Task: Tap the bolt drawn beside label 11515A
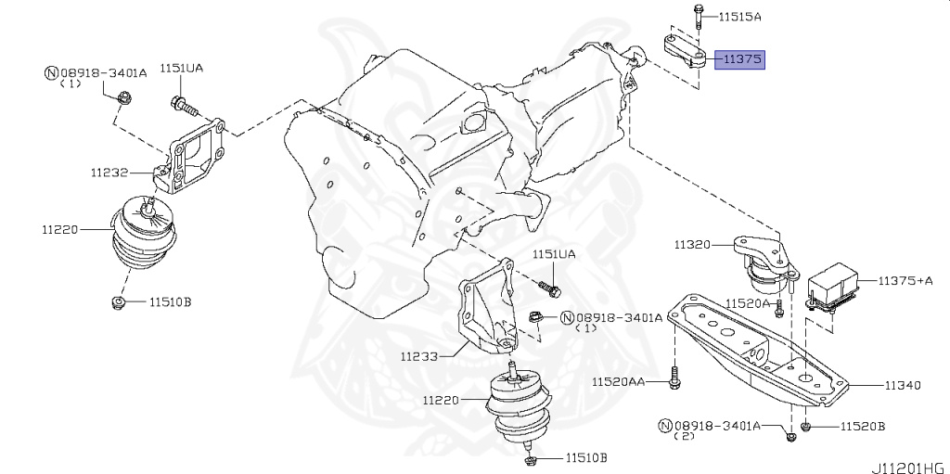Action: [x=696, y=16]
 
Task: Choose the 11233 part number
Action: [x=420, y=355]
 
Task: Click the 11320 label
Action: [x=692, y=246]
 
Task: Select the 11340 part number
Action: [x=902, y=385]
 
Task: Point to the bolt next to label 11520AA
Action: [x=674, y=380]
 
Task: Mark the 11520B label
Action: [x=863, y=427]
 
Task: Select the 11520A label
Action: [x=748, y=303]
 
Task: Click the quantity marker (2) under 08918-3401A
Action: [x=685, y=436]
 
